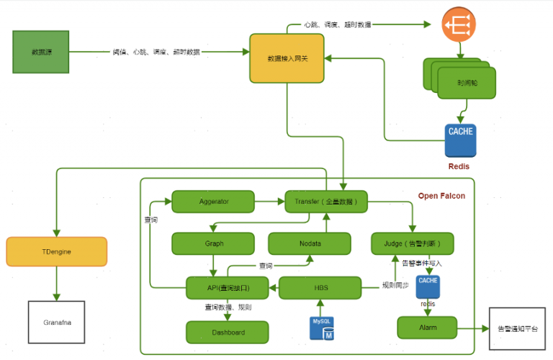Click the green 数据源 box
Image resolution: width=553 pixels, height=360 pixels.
tap(41, 52)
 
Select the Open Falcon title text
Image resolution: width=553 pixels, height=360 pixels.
tap(441, 196)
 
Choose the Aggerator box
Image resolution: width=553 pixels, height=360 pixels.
tap(213, 202)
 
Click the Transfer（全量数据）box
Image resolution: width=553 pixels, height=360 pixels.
tap(326, 202)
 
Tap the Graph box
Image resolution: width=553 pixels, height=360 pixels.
tap(213, 243)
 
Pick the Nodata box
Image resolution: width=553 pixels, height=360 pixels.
tap(310, 243)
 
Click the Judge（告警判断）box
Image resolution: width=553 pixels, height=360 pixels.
tap(413, 243)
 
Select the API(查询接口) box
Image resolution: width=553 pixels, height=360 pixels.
tap(228, 288)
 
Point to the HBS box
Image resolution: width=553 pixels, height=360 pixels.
tap(320, 288)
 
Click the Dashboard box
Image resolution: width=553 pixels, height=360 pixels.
tap(228, 332)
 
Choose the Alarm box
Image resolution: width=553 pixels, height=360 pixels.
tap(427, 328)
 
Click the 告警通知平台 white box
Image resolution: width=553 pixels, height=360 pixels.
tap(517, 328)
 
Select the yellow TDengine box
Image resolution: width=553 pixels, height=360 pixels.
tap(56, 251)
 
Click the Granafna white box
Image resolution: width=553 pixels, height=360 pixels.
tap(56, 321)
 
